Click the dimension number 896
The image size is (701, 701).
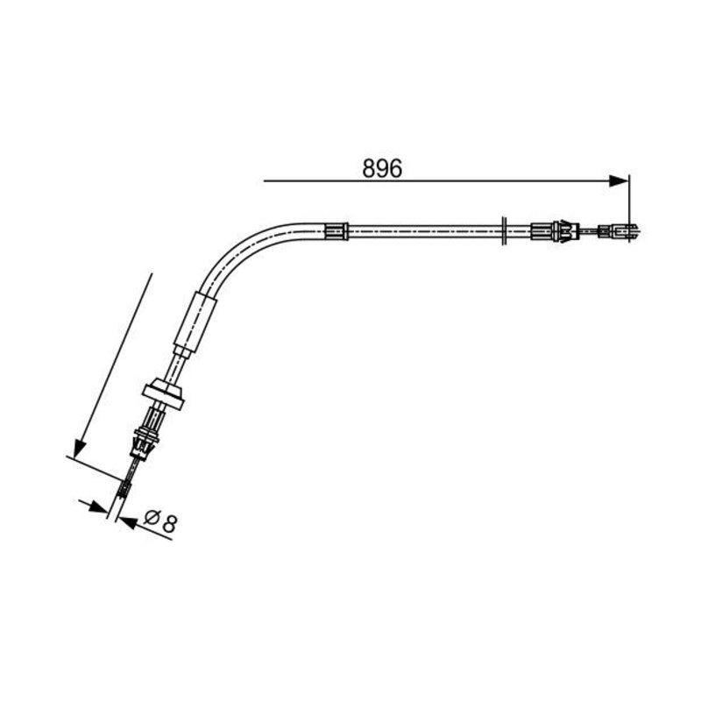click(382, 168)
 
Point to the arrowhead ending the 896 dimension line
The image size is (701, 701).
click(619, 181)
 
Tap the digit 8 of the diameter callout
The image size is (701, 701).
click(169, 523)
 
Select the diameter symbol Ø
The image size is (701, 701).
click(152, 518)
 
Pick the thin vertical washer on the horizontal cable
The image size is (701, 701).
click(505, 231)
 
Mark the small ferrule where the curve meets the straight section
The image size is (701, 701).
click(336, 231)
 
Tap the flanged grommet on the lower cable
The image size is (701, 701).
click(164, 393)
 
